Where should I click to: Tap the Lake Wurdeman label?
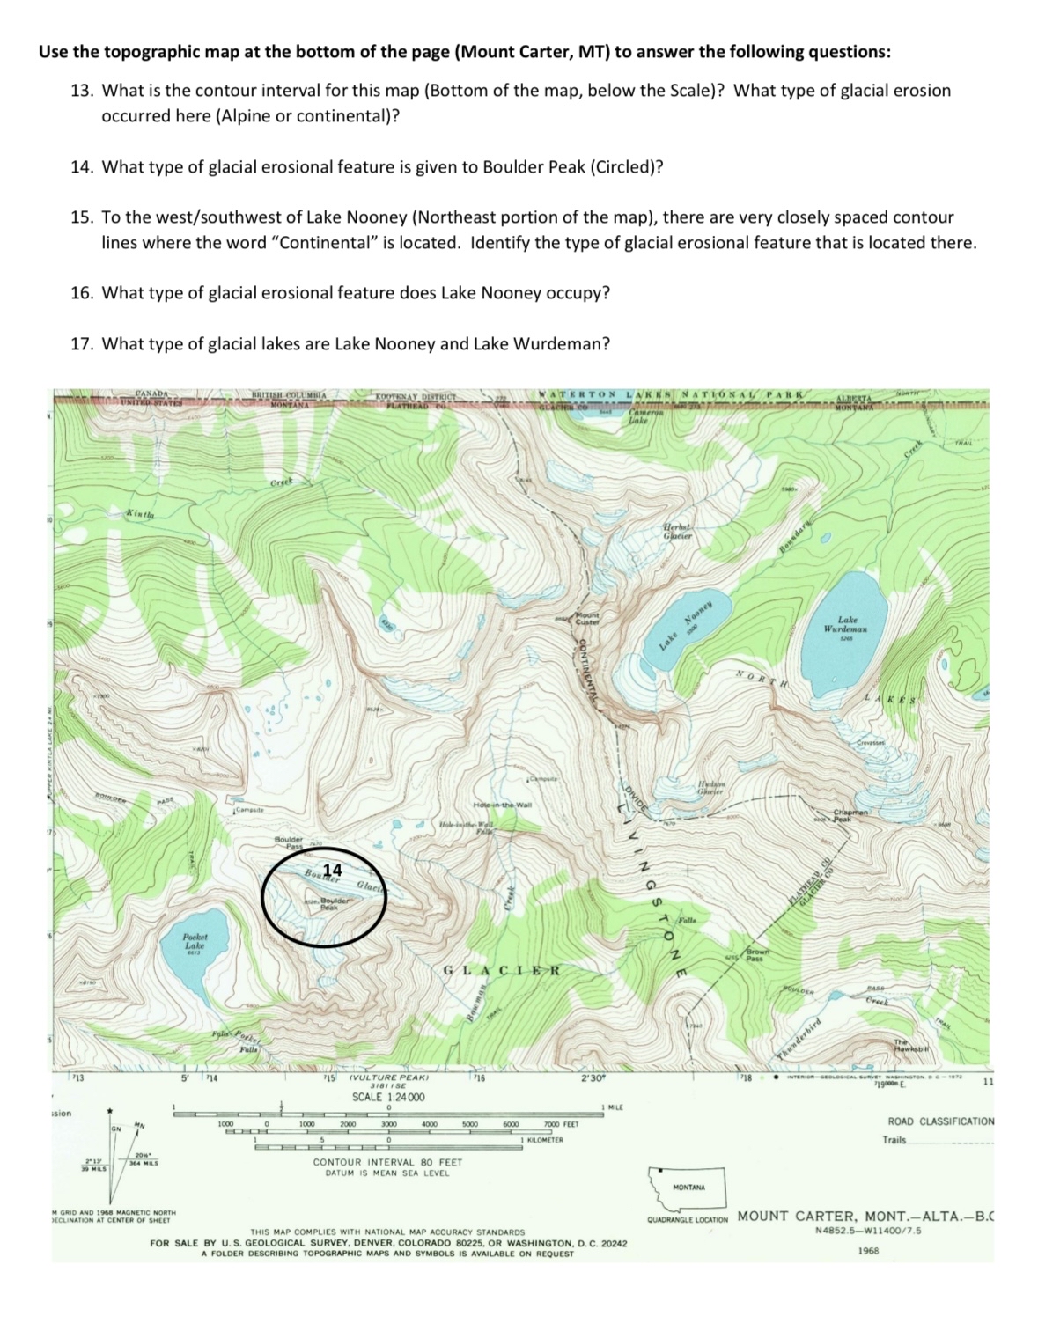click(846, 625)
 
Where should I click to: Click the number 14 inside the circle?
click(333, 870)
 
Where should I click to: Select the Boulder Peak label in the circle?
click(334, 904)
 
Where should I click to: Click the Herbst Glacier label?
click(677, 531)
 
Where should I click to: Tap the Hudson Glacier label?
click(710, 786)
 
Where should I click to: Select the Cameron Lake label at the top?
click(639, 417)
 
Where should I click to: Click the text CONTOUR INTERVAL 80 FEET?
click(387, 1162)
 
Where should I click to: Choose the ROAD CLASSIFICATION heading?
click(940, 1121)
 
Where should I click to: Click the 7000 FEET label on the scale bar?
click(561, 1125)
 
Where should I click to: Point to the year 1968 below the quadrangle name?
click(867, 1251)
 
